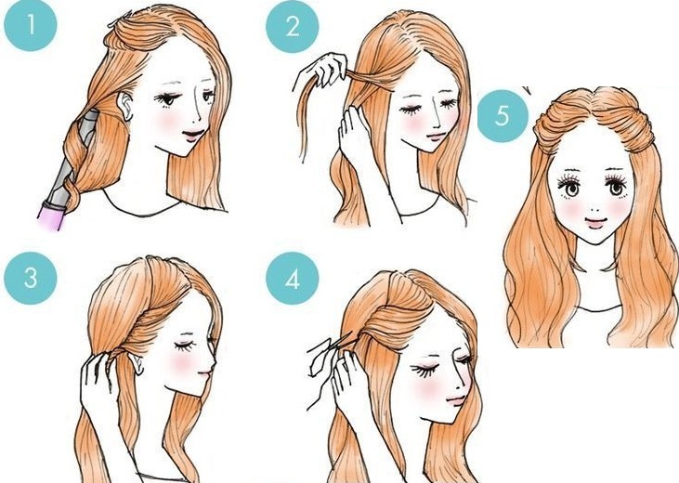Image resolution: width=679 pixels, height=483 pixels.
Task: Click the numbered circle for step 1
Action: pos(31,25)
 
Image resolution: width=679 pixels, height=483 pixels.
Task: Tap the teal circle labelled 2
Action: pos(293,26)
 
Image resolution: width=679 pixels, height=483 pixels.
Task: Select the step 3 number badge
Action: pos(31,278)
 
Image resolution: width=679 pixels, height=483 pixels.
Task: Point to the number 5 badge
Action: pos(503,116)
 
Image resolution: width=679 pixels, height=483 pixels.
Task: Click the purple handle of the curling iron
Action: pos(52,215)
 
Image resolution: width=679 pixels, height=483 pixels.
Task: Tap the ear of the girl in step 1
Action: pos(126,106)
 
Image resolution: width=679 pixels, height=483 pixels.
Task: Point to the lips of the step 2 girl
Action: pos(437,137)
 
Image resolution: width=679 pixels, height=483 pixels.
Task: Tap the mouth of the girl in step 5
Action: pos(595,223)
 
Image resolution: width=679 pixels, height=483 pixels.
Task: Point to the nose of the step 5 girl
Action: pos(595,208)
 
